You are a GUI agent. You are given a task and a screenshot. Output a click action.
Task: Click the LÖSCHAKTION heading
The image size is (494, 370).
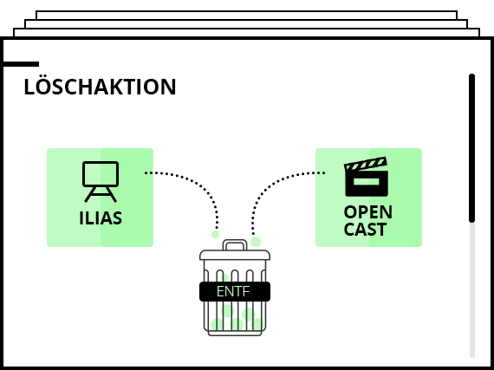pyautogui.click(x=100, y=86)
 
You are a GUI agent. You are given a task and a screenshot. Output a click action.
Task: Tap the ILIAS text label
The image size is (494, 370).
pyautogui.click(x=101, y=217)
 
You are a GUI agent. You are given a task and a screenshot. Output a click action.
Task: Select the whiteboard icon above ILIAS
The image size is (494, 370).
pyautogui.click(x=101, y=182)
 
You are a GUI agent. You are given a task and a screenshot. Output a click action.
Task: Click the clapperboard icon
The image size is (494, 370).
pyautogui.click(x=366, y=177)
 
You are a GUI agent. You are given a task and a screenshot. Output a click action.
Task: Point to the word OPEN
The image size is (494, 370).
pyautogui.click(x=368, y=212)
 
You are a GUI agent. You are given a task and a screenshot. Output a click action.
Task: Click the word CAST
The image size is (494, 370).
pyautogui.click(x=365, y=229)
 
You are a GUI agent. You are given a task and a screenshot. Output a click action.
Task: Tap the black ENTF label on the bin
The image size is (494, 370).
pyautogui.click(x=235, y=292)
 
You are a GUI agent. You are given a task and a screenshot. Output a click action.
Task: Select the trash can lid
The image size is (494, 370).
pyautogui.click(x=235, y=255)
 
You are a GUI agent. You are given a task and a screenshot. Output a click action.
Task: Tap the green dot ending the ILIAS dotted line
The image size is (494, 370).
pyautogui.click(x=216, y=234)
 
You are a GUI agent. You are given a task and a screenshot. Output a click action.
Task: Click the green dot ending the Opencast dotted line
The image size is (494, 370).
pyautogui.click(x=256, y=242)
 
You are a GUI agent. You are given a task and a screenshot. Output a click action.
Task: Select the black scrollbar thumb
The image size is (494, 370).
pyautogui.click(x=471, y=148)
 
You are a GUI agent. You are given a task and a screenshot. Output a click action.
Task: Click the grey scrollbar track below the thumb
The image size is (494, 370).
pyautogui.click(x=472, y=289)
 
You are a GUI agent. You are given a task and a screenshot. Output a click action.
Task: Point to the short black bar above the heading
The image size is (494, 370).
pyautogui.click(x=21, y=64)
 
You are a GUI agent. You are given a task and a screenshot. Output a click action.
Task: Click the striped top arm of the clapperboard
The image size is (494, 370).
pyautogui.click(x=366, y=164)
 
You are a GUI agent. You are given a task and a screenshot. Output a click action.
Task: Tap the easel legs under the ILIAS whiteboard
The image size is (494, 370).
pyautogui.click(x=101, y=194)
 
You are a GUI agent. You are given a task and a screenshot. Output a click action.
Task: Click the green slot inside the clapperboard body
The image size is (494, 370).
pyautogui.click(x=366, y=182)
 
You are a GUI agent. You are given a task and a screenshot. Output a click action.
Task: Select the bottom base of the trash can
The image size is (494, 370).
pyautogui.click(x=235, y=333)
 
